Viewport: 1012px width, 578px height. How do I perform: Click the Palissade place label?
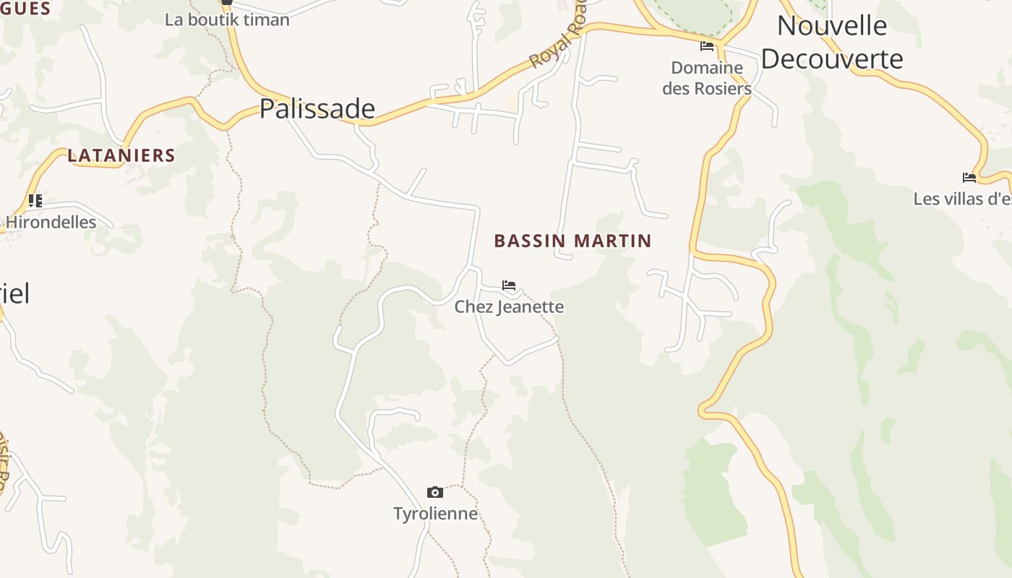(317, 108)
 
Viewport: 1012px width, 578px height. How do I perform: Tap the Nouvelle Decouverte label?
(832, 42)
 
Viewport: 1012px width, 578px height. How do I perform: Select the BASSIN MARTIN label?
(573, 241)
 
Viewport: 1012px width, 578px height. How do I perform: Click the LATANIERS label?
(121, 155)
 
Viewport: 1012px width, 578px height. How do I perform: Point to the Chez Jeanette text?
(509, 306)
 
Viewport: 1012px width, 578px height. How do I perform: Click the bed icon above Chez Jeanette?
(509, 285)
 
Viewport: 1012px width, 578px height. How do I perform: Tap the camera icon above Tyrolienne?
(435, 492)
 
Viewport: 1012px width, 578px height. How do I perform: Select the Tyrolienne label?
(435, 514)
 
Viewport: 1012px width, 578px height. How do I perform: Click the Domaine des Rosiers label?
(707, 78)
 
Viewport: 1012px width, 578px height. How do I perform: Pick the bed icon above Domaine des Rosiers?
(707, 46)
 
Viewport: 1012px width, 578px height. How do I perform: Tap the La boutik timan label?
(227, 20)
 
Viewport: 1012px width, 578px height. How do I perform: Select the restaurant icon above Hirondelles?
(35, 200)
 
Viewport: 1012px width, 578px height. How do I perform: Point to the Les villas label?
(961, 199)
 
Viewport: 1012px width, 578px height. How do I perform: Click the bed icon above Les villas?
(969, 178)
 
